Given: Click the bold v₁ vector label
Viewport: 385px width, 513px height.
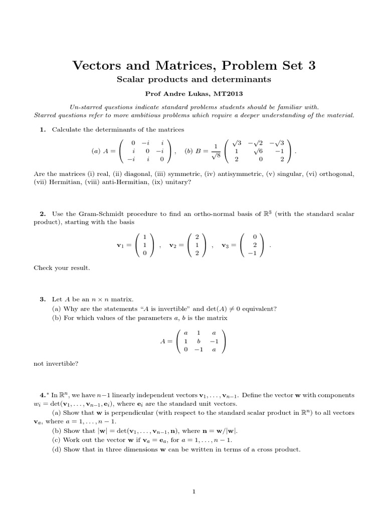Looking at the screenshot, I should (x=120, y=245).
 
